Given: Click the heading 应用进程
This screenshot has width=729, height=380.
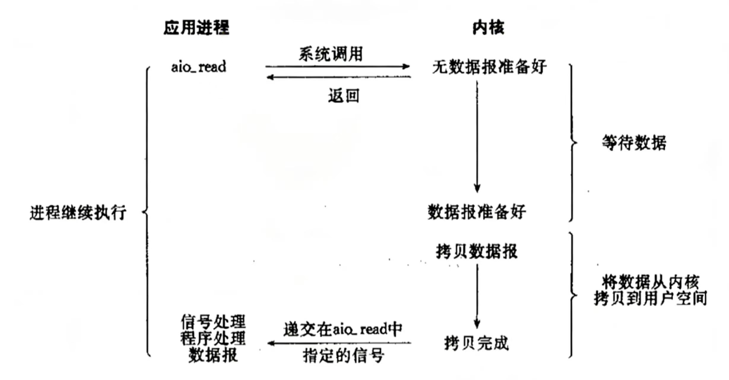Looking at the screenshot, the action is click(x=196, y=28).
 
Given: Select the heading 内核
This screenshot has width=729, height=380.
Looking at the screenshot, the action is click(x=488, y=28).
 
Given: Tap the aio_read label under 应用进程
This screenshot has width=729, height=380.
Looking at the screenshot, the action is click(x=199, y=67).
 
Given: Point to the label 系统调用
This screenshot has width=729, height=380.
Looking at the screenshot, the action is click(x=331, y=54).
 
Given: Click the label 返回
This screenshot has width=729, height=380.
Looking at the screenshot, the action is click(x=343, y=96).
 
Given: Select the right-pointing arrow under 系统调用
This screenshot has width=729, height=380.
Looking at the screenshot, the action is click(x=337, y=66).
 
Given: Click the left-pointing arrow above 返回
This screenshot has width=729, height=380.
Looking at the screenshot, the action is click(x=338, y=77).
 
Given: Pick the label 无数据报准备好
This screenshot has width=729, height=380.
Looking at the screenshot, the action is click(x=489, y=67).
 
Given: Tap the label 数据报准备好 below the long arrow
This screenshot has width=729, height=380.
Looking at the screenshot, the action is click(x=477, y=212).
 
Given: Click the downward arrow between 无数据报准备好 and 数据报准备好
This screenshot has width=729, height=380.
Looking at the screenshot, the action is click(x=477, y=137).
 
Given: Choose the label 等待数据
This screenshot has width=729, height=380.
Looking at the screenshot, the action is click(x=634, y=143).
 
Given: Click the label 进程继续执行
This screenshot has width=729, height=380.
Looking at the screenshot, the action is click(x=78, y=212).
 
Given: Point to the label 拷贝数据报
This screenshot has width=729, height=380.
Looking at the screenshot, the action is click(x=477, y=251).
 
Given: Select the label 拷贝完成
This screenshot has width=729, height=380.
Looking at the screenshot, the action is click(x=476, y=343).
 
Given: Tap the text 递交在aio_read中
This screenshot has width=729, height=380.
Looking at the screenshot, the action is click(x=343, y=329).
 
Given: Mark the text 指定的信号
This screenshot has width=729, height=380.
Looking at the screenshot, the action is click(x=343, y=355).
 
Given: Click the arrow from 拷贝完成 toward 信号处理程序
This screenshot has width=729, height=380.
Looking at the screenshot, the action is click(x=339, y=343).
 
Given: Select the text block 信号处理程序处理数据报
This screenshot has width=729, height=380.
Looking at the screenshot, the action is click(x=213, y=338).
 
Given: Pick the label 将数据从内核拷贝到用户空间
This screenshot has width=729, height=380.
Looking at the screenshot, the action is click(x=650, y=290).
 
